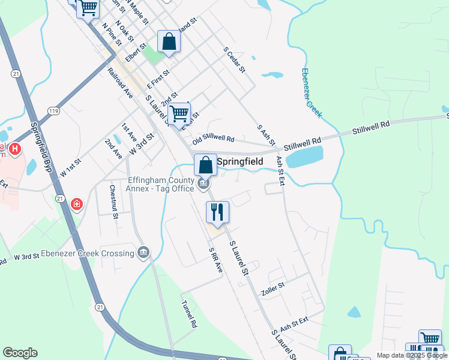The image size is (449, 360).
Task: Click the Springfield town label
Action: point(239,161)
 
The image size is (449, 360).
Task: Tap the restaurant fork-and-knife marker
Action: point(217,212)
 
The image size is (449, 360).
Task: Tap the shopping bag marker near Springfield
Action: point(205,164)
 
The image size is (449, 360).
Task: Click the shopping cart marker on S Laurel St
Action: point(179,113)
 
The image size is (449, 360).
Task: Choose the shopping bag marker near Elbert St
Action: point(169,42)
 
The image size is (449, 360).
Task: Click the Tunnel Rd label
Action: point(189,314)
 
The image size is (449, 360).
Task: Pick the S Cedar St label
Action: point(234,60)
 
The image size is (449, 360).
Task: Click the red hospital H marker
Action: point(14,148)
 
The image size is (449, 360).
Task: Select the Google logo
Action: point(20,353)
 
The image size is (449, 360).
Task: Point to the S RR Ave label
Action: point(215,260)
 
